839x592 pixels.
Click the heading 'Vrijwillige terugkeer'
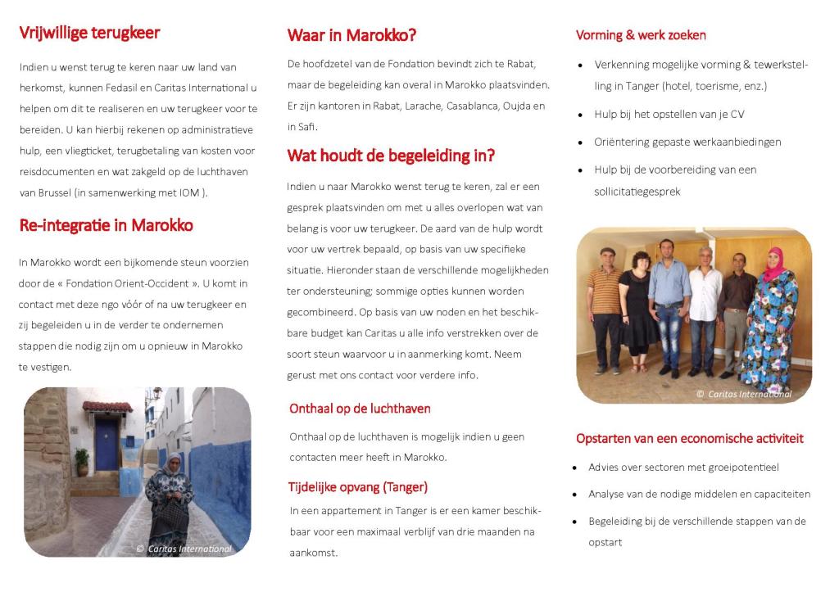[x=89, y=33]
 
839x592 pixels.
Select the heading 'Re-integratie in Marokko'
[x=106, y=225]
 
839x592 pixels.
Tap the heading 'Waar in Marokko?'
[x=351, y=35]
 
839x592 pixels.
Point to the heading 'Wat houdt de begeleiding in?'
[x=391, y=156]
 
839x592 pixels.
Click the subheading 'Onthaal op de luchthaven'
[x=360, y=409]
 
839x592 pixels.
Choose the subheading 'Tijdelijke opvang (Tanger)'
[x=357, y=487]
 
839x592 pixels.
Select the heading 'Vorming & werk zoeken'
[x=641, y=35]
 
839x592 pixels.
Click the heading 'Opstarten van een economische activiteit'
[x=689, y=438]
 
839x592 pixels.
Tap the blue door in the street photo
[x=107, y=442]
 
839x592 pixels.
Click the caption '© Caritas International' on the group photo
[x=744, y=394]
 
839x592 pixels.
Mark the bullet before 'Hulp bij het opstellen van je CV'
[x=580, y=115]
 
